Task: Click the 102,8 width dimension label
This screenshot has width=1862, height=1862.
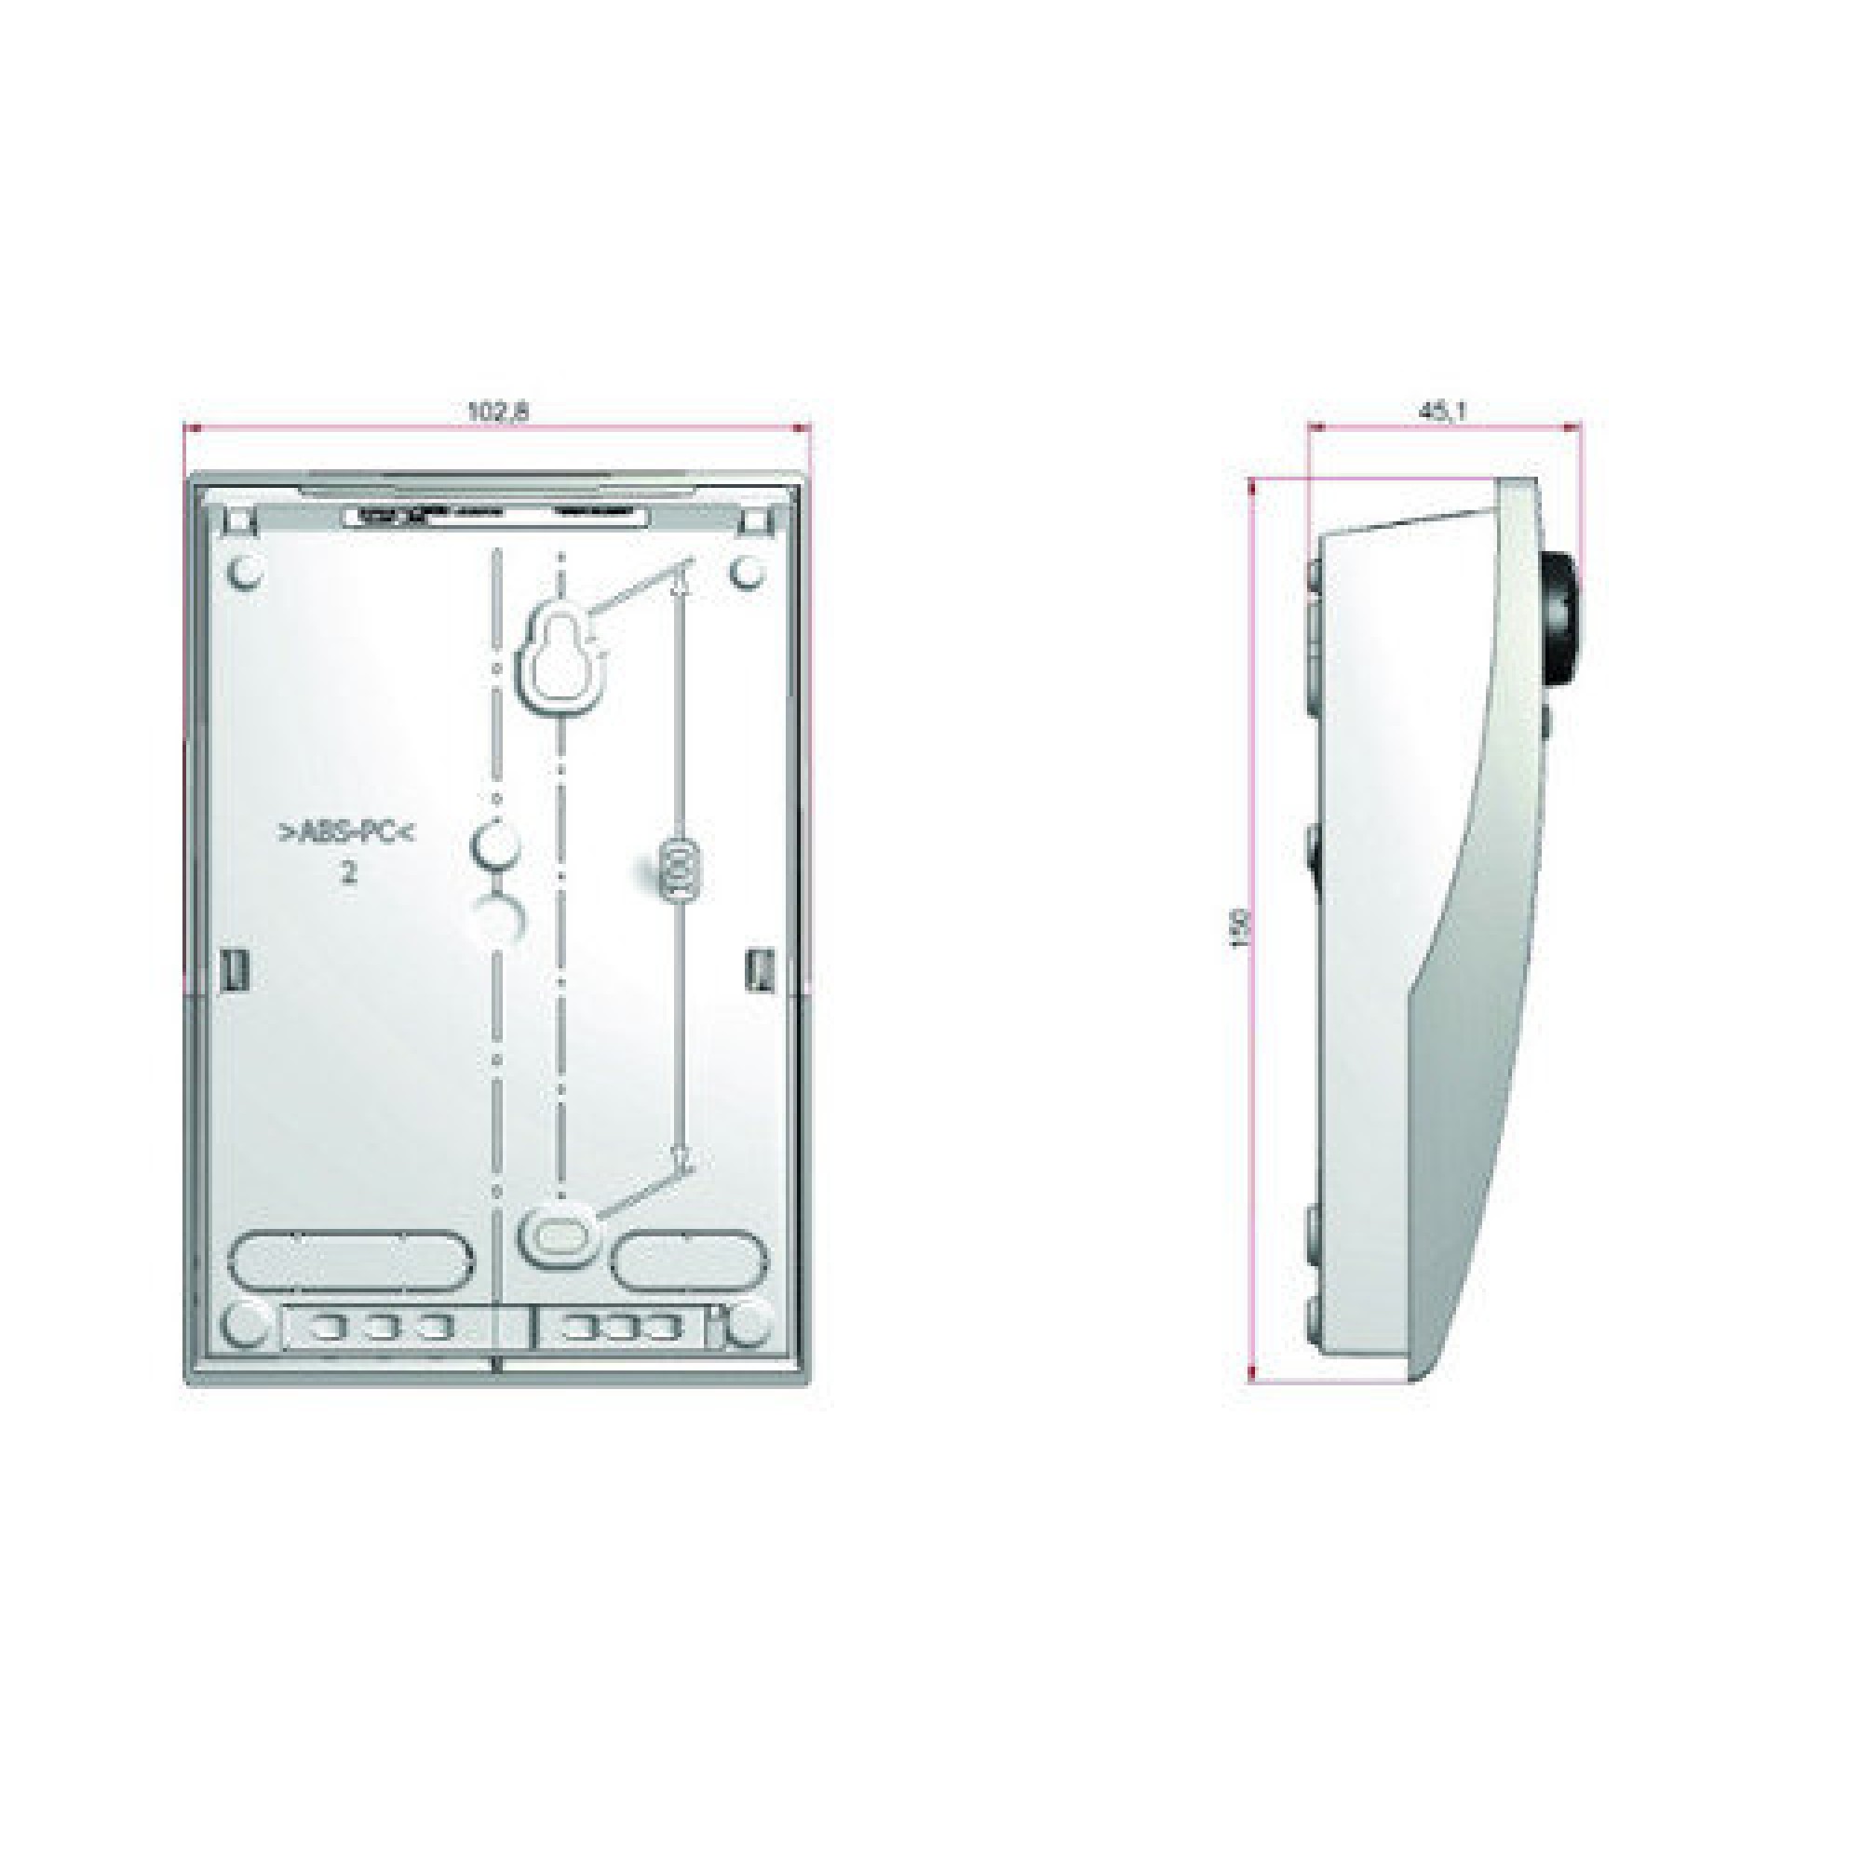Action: pos(498,411)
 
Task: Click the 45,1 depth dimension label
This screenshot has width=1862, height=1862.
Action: pos(1442,411)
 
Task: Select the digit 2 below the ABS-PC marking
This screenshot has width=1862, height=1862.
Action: pos(348,874)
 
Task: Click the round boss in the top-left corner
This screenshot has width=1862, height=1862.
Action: pos(246,573)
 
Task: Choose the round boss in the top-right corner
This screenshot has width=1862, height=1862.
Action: pos(747,573)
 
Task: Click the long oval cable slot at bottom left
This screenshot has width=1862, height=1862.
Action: pos(351,1258)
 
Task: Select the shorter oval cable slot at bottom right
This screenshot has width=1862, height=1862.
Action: pos(691,1258)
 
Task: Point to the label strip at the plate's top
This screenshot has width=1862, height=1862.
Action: pos(497,517)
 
